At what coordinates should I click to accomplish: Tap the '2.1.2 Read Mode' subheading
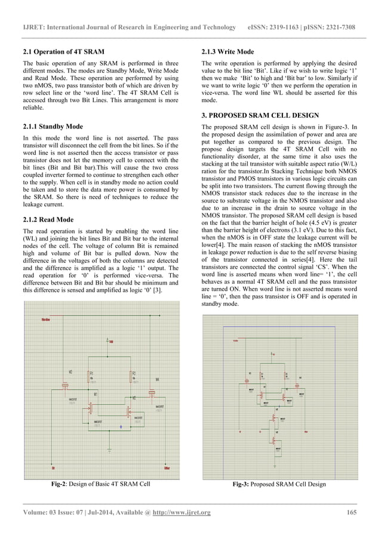click(48, 219)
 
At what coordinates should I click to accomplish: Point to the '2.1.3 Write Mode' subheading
click(228, 52)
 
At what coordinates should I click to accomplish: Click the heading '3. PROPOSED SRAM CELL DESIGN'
click(260, 115)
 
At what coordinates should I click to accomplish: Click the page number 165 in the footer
click(352, 512)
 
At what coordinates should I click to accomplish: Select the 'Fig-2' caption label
click(59, 483)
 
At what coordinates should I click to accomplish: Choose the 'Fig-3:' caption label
click(243, 484)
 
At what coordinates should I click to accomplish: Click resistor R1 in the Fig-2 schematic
click(89, 378)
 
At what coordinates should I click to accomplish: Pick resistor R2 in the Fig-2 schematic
click(131, 378)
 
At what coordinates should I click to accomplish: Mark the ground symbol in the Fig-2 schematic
click(109, 449)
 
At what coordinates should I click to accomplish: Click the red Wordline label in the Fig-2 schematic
click(45, 320)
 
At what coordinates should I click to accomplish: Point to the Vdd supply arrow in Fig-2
click(108, 340)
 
